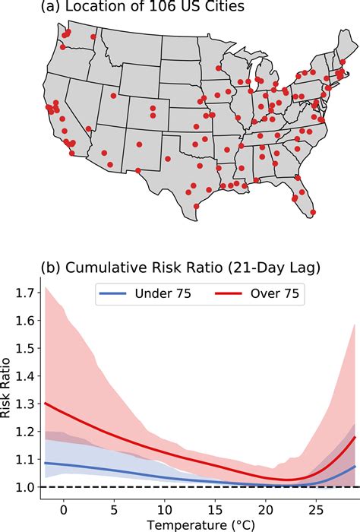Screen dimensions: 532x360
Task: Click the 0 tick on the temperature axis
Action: pos(65,506)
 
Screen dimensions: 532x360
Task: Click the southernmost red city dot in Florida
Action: pos(313,212)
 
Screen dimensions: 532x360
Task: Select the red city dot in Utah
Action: pos(113,96)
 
